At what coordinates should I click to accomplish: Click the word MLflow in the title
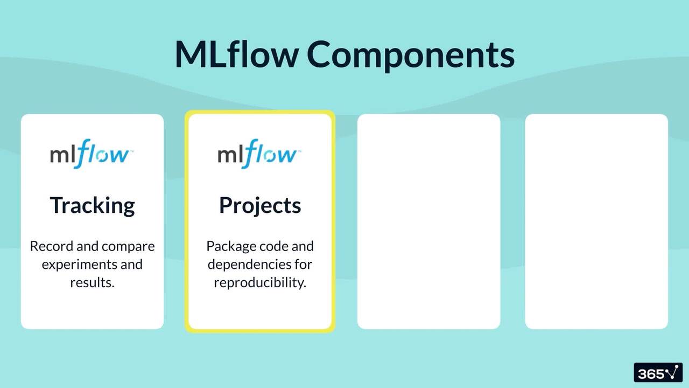pos(237,54)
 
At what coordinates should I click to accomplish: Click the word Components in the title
pos(411,55)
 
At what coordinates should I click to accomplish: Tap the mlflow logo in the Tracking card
pos(92,154)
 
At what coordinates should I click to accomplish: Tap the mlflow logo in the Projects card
pos(259,154)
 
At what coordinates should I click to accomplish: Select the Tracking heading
pos(92,205)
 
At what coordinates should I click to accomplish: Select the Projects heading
pos(260,205)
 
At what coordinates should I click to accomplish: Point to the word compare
pos(128,247)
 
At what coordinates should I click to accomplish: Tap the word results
pos(92,282)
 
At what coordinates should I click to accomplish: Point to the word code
pos(273,246)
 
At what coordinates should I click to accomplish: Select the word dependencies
pos(249,265)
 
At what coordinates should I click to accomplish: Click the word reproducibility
pos(260,282)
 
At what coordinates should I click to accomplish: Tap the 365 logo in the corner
pos(658,373)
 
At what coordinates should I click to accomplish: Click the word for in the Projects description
pos(303,265)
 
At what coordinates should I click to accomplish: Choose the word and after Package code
pos(302,246)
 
